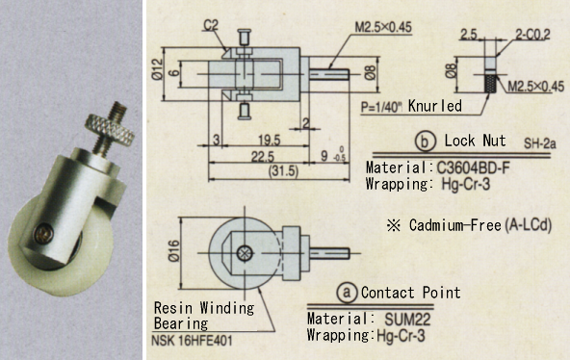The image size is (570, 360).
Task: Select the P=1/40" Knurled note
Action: (x=408, y=106)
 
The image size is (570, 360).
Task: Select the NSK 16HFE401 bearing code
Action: (x=198, y=340)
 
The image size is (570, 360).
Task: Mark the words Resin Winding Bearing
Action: (x=204, y=315)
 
